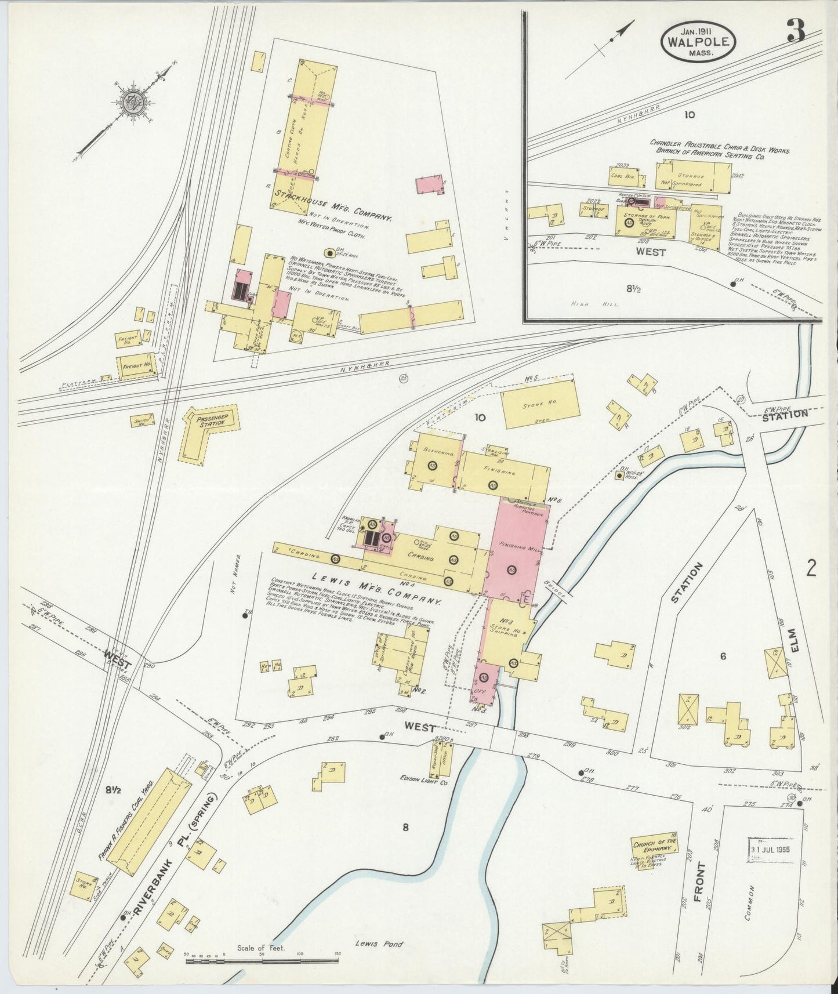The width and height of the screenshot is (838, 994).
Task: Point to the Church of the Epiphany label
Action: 654,844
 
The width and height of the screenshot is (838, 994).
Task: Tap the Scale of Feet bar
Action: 261,962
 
